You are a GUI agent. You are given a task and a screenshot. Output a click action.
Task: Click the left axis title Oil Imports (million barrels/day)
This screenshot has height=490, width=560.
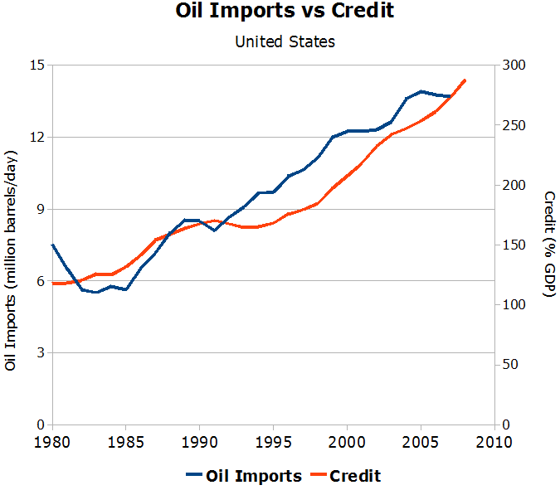11,260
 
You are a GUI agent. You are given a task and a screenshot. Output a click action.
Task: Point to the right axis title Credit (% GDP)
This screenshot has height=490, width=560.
548,245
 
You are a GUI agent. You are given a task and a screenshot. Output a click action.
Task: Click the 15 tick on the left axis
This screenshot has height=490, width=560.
37,65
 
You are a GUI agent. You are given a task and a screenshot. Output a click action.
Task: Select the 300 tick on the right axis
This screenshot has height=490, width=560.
513,65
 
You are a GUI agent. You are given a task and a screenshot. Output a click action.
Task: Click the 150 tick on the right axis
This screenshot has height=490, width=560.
513,245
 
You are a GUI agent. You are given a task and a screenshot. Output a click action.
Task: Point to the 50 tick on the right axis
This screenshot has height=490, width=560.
509,365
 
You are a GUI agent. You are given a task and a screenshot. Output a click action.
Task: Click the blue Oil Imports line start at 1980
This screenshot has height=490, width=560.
52,245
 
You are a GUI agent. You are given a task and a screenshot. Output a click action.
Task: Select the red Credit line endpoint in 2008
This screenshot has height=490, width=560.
465,80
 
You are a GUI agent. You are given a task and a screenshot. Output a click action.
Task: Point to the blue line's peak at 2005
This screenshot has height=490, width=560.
421,91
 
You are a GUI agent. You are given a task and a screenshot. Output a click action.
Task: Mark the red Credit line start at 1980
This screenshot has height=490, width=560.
52,284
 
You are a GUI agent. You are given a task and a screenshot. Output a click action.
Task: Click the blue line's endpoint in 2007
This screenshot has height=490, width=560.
450,96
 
